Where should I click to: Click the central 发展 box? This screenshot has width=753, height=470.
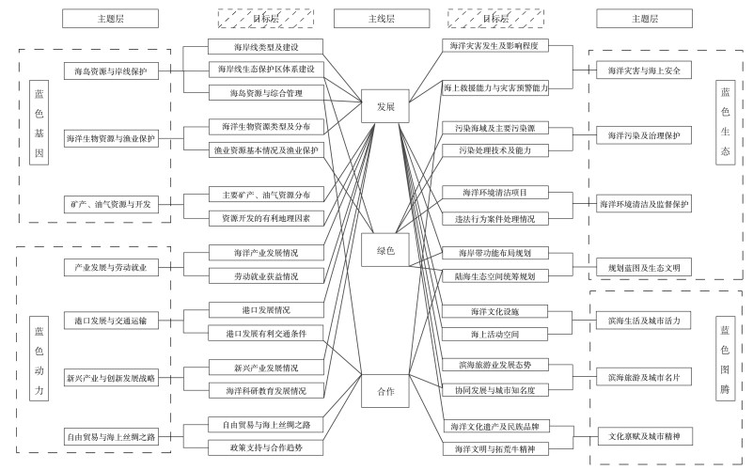point(384,108)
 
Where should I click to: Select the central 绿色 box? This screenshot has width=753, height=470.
point(384,250)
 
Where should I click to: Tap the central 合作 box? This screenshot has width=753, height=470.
point(384,390)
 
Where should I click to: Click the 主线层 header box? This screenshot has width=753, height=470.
point(377,19)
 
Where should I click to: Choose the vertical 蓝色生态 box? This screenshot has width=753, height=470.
point(724,122)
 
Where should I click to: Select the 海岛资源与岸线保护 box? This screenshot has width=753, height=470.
point(111,70)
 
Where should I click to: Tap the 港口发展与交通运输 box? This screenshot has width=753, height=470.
point(111,321)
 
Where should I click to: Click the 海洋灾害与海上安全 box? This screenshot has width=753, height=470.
point(643,70)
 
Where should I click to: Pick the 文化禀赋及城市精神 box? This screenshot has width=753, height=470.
point(643,437)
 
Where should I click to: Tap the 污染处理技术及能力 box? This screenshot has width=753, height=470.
point(495,150)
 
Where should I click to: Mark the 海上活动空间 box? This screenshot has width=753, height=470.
point(495,334)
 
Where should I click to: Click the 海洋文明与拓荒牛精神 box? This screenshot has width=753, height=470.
point(495,448)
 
